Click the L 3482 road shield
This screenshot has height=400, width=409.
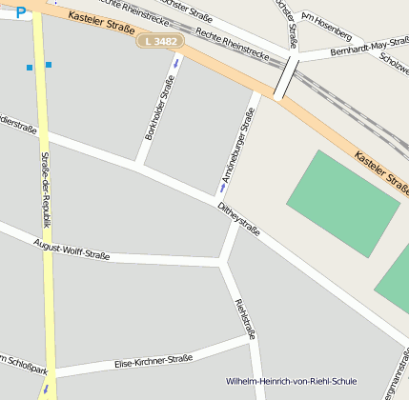pyautogui.click(x=158, y=43)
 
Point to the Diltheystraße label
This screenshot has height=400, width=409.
pyautogui.click(x=238, y=217)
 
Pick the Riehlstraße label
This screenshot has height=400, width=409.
pyautogui.click(x=245, y=319)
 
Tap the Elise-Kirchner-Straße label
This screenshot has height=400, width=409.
pyautogui.click(x=153, y=361)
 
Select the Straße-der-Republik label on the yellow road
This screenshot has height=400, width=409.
pyautogui.click(x=45, y=195)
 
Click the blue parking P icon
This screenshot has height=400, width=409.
pyautogui.click(x=21, y=13)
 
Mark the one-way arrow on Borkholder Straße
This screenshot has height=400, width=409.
pyautogui.click(x=175, y=63)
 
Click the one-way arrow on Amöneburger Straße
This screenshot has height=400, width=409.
pyautogui.click(x=223, y=188)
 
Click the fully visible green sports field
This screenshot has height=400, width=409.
pyautogui.click(x=342, y=202)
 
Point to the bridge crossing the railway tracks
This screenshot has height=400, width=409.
pyautogui.click(x=287, y=75)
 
